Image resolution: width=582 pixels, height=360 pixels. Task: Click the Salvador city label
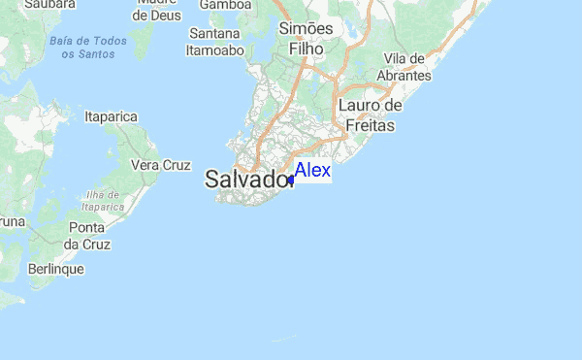248,180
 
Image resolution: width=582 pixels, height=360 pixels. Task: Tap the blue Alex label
312,171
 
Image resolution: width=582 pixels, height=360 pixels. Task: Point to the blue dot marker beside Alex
291,180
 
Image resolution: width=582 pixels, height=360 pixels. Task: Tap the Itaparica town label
112,116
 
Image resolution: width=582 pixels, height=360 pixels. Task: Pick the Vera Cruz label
160,165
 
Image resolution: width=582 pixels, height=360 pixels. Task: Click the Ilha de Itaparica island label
103,201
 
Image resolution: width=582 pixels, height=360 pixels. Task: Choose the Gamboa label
225,6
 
